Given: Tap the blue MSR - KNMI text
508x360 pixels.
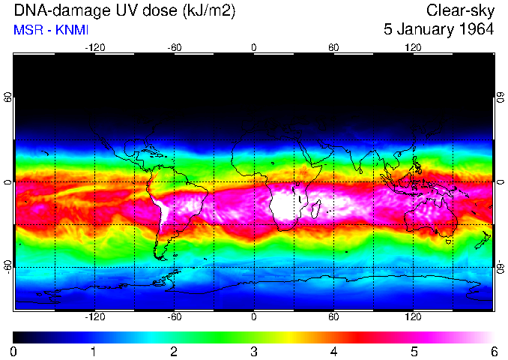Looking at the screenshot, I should (x=47, y=30).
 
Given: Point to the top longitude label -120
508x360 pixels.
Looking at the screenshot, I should (x=94, y=47).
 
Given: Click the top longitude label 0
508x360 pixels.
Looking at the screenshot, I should (x=254, y=47).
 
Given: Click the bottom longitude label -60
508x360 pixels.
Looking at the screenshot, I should (x=174, y=316).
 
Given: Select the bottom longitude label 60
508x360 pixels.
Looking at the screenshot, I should (x=333, y=316).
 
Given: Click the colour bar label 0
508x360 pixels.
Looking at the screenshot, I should (x=14, y=351).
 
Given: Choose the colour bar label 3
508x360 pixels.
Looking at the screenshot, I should (x=254, y=351).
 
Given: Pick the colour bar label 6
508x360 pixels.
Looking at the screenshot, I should (x=493, y=351).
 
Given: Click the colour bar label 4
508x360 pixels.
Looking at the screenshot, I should (x=333, y=351).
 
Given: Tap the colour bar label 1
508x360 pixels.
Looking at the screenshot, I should (x=94, y=351).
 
